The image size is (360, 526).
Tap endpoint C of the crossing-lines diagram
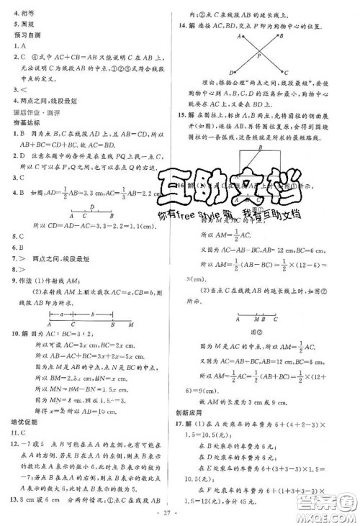tap(287, 73)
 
